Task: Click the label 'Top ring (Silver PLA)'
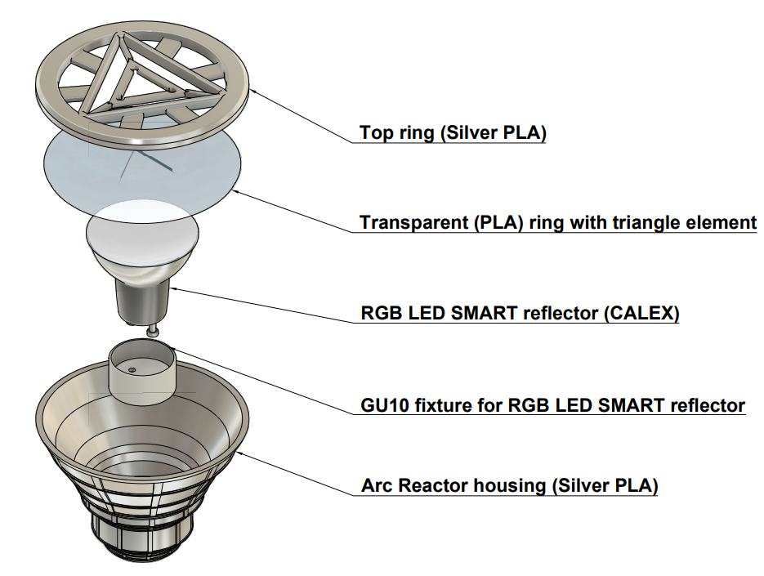pyautogui.click(x=453, y=132)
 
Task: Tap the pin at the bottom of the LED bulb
pyautogui.click(x=153, y=330)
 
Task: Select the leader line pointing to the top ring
pyautogui.click(x=302, y=114)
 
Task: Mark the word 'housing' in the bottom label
pyautogui.click(x=516, y=486)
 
